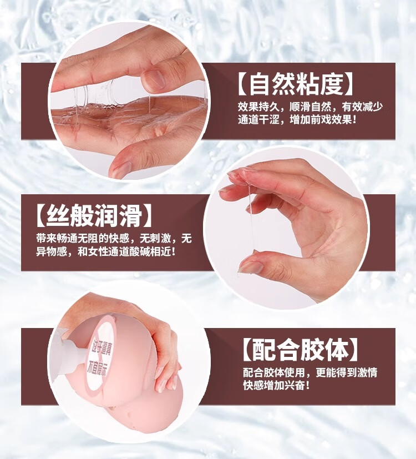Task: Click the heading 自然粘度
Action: coord(296,84)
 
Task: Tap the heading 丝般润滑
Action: coord(94,216)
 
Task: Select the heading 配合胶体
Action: coord(301,350)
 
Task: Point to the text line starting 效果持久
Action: coord(310,107)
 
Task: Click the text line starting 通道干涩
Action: coord(297,120)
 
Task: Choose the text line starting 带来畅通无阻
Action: coord(114,238)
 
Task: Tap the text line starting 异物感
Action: coord(106,251)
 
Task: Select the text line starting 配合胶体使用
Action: coord(310,372)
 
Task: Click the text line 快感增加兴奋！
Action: coord(276,385)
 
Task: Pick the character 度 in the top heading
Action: coord(331,84)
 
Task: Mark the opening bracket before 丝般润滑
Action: coord(41,216)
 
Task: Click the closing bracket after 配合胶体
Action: coord(354,350)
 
